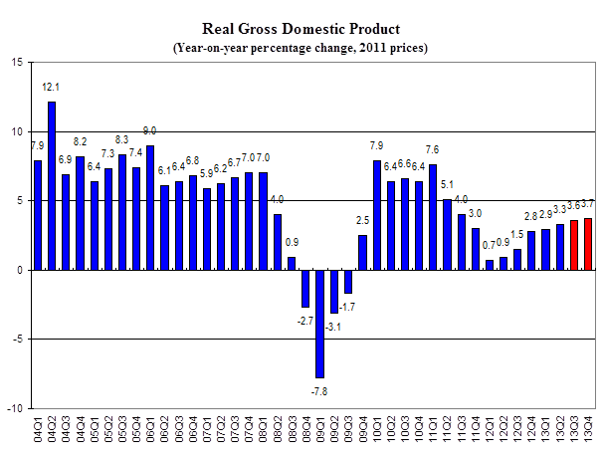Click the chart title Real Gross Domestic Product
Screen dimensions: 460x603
coord(301,29)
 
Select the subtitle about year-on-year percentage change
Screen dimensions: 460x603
coord(301,48)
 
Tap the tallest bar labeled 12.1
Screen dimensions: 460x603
coord(52,185)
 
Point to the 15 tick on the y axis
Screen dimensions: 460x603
coord(17,62)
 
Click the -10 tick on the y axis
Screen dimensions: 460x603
coord(15,408)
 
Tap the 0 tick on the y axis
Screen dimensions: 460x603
coord(20,270)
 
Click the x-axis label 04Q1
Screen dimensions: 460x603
coord(38,434)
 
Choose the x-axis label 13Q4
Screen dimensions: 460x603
coord(588,434)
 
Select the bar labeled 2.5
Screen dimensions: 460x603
coord(362,252)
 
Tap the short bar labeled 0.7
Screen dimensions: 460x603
coord(490,265)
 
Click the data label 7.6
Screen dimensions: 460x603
coord(433,150)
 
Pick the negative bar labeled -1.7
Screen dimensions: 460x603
coord(348,282)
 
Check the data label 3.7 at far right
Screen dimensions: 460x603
coord(588,204)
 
